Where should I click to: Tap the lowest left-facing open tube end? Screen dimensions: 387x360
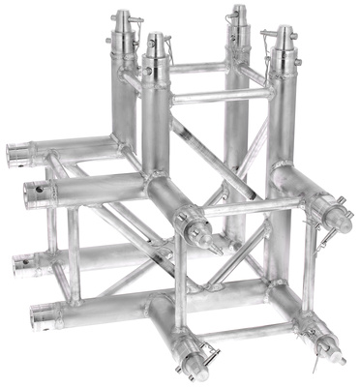click(x=41, y=314)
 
